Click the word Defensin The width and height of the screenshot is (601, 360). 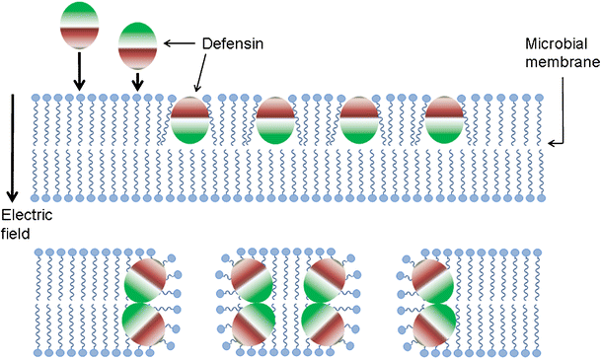point(230,43)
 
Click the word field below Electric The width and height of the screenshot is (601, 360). point(16,234)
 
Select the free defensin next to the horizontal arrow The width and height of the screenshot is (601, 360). point(137,44)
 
